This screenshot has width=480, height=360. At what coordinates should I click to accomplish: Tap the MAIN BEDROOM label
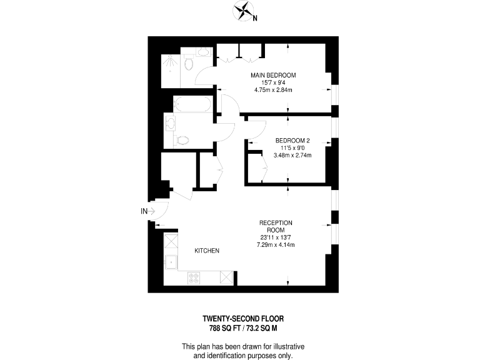tap(273, 75)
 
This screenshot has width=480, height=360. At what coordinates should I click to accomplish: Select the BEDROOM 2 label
tap(292, 140)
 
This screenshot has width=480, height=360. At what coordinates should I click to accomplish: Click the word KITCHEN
tap(207, 251)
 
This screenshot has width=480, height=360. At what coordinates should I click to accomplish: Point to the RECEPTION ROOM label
tap(276, 226)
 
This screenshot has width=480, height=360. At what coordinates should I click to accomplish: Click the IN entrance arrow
tap(147, 211)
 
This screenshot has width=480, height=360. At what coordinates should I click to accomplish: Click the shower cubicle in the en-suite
tap(169, 65)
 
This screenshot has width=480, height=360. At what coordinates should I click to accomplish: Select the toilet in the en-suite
tap(189, 64)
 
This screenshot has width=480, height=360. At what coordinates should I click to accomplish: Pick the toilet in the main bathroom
tap(182, 140)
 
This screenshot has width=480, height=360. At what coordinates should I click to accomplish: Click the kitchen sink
tap(170, 262)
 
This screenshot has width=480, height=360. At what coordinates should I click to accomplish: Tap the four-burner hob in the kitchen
tap(192, 278)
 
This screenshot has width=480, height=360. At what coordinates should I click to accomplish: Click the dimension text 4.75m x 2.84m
tap(273, 90)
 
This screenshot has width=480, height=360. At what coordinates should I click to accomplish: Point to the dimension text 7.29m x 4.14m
tap(276, 244)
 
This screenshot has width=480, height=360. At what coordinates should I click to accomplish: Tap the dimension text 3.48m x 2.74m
tap(292, 155)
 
